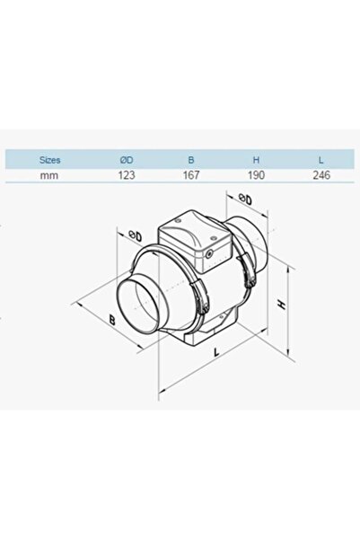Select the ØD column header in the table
coord(127,159)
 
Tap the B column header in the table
coord(189,159)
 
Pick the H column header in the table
coord(255,159)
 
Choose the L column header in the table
coord(321,159)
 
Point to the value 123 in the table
coord(127,175)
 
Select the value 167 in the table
coord(189,175)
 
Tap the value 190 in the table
coord(255,175)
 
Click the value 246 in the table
coord(321,175)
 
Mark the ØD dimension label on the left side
coord(135,236)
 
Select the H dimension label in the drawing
coord(282,305)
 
